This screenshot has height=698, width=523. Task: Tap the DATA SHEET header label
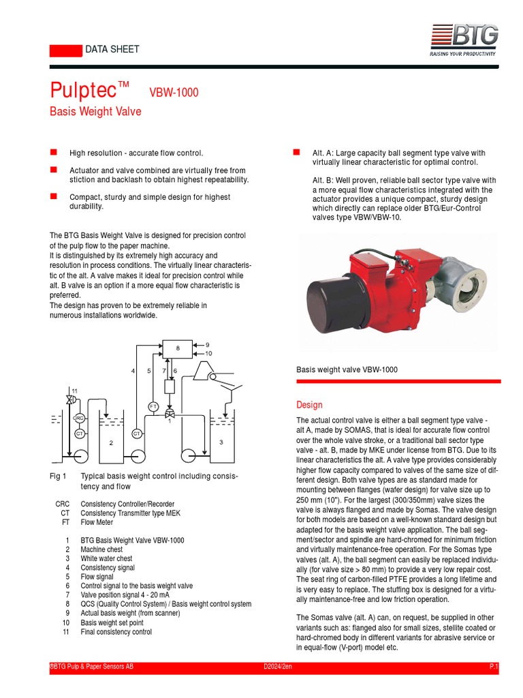(x=112, y=49)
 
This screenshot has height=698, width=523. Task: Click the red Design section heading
(x=309, y=405)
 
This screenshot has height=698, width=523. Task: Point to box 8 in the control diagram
(x=178, y=348)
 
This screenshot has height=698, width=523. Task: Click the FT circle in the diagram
(x=153, y=406)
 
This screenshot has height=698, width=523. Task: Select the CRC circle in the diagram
(x=79, y=418)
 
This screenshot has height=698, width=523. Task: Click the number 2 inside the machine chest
(x=111, y=443)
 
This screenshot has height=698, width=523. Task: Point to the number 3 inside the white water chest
(x=221, y=443)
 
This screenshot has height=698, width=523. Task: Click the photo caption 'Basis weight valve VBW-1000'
(x=347, y=369)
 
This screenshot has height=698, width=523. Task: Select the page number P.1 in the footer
(x=494, y=666)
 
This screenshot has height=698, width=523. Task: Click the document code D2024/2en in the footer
(x=278, y=666)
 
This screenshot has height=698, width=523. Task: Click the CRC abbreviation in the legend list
(x=63, y=504)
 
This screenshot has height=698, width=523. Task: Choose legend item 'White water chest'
(x=106, y=558)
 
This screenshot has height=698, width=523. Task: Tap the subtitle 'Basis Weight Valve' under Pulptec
(x=95, y=111)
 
